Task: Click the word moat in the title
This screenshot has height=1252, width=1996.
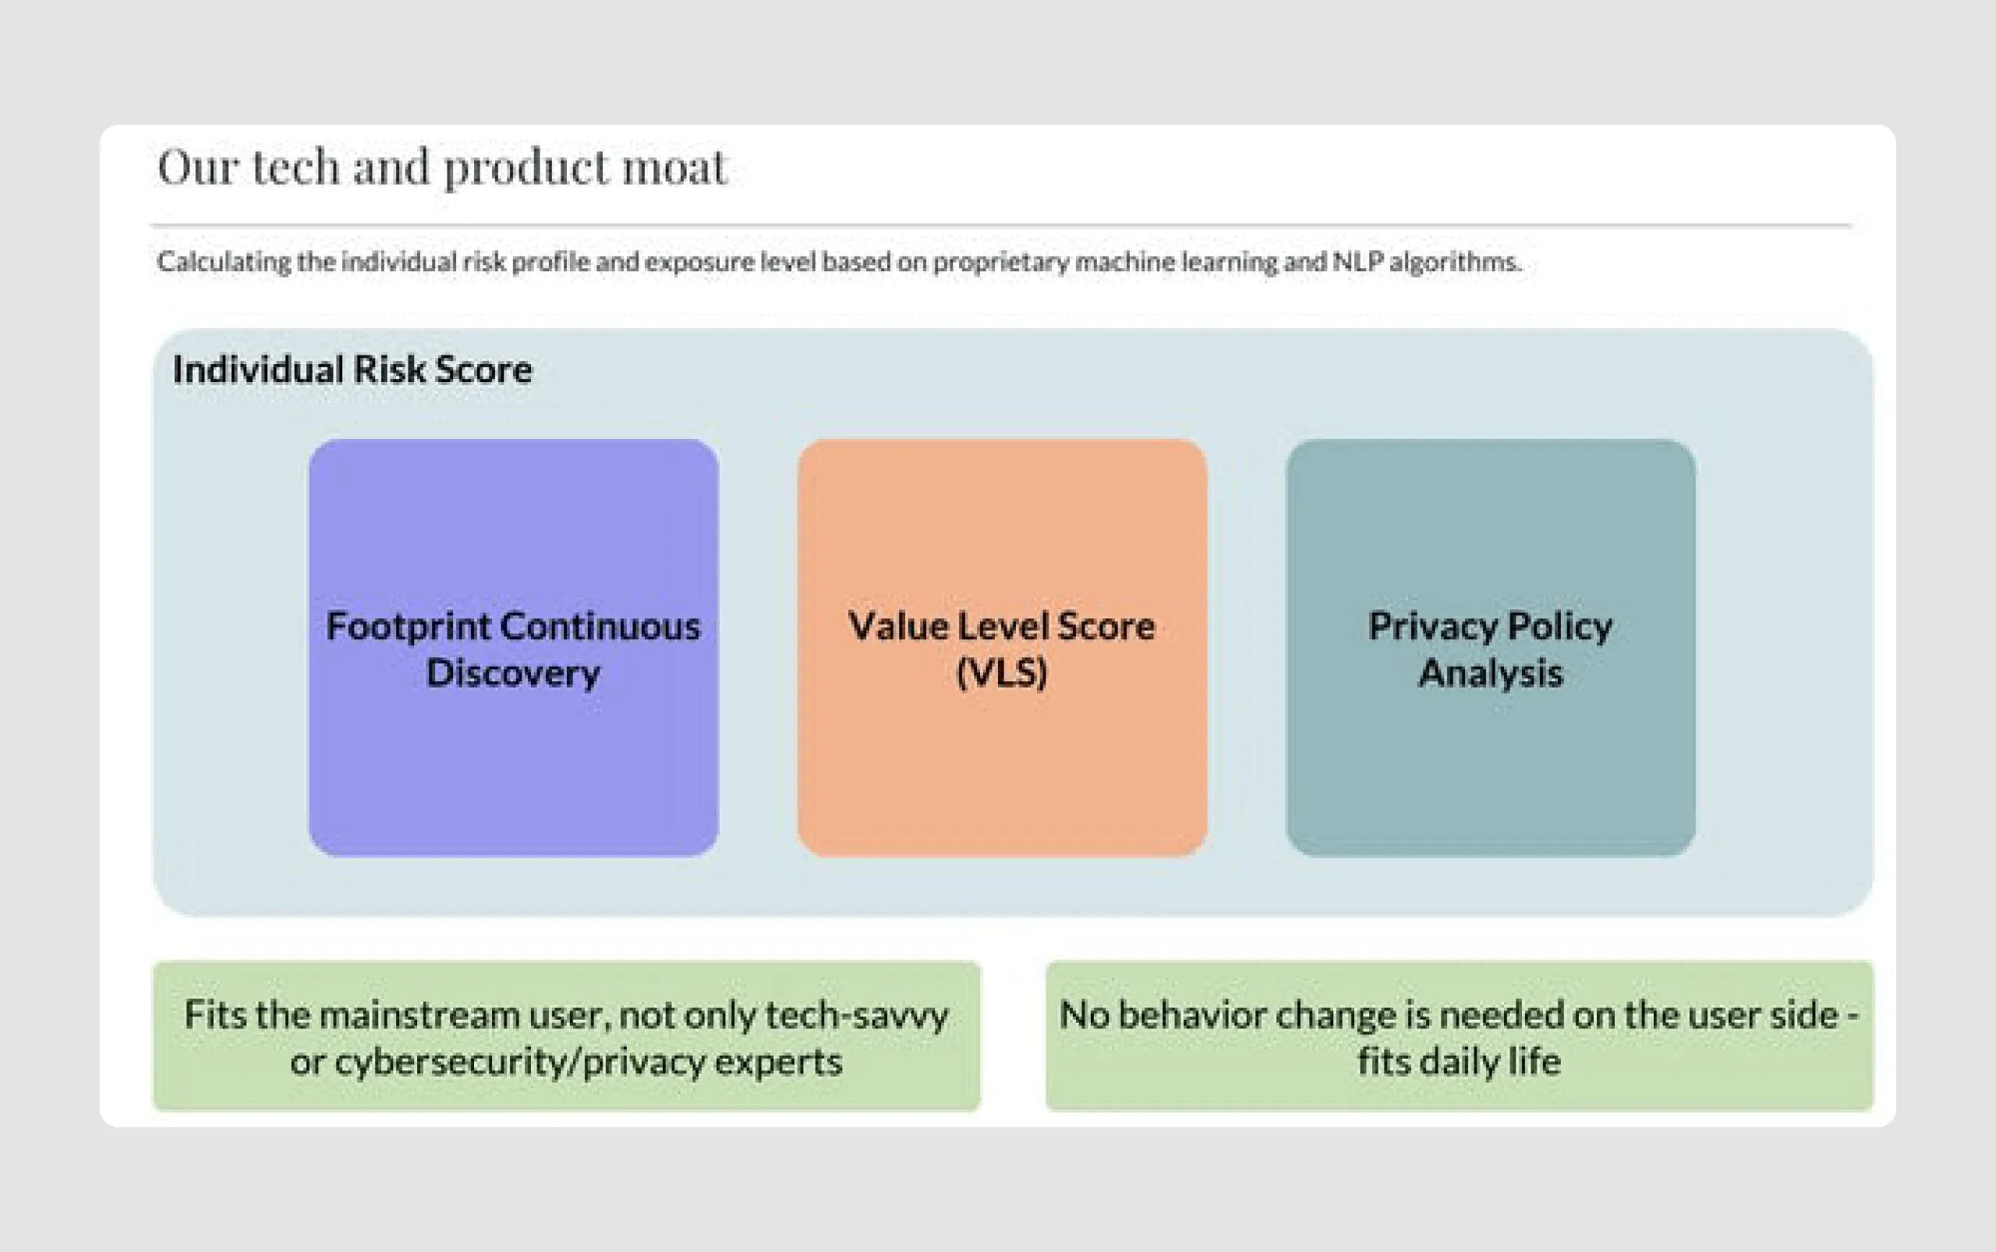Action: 674,168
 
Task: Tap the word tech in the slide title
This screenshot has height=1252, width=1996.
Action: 295,168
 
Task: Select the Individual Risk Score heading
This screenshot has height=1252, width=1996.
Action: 352,370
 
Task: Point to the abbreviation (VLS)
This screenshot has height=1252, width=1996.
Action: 1001,672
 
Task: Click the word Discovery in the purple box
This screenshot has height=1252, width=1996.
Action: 513,672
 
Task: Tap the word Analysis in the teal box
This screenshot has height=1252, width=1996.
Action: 1490,672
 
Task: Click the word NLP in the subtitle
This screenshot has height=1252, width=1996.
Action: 1357,262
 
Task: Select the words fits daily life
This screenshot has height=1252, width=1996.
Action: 1459,1062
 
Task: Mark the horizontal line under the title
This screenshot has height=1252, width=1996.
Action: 1000,225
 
